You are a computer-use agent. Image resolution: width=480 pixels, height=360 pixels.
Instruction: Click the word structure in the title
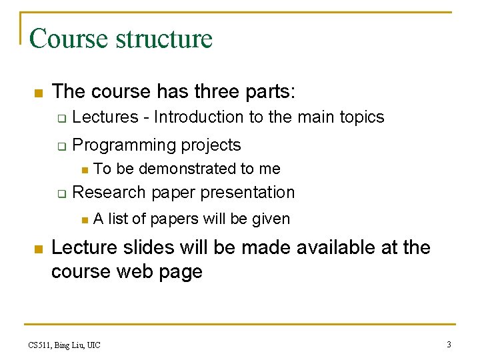coord(164,39)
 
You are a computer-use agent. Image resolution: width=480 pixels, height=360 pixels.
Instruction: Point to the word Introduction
coord(199,117)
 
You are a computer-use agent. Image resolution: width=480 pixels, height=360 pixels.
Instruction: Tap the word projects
coord(211,145)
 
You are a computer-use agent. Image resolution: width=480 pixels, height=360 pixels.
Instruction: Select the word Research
coord(109,192)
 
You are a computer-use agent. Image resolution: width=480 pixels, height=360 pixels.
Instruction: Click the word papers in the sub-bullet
coord(173,219)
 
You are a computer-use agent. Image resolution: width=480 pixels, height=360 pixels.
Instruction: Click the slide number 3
coord(449,345)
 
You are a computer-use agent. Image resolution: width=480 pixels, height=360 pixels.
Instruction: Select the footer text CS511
coord(40,345)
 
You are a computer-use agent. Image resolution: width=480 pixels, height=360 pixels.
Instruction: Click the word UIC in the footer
coord(93,345)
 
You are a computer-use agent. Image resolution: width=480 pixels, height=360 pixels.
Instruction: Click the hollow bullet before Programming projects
coord(60,146)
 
